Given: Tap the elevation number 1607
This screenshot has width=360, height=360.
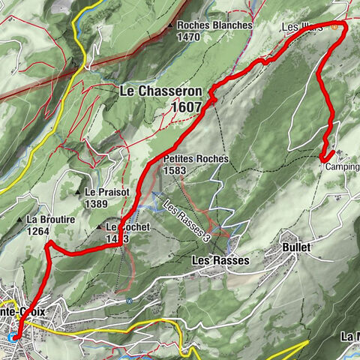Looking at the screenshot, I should (x=184, y=106).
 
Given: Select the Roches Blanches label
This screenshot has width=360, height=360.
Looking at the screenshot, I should (x=218, y=25).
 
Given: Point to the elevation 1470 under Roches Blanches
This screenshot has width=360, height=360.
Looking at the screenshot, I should (x=189, y=36).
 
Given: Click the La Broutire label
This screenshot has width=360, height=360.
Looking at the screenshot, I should (x=53, y=220).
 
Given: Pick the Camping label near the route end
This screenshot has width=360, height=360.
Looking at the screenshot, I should (x=342, y=167).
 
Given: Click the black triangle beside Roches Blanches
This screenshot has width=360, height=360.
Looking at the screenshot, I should (x=172, y=25).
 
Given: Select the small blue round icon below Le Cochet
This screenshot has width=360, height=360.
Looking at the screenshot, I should (x=129, y=301).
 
